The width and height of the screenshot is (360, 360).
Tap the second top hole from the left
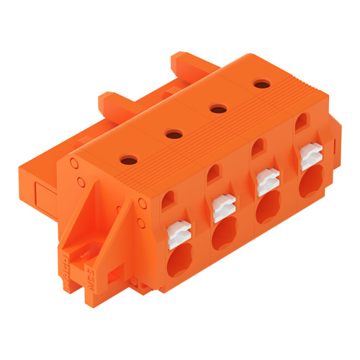[x=173, y=133]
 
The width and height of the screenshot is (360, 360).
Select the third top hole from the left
[x=215, y=109]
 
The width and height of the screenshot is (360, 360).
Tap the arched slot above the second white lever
[x=214, y=175]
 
